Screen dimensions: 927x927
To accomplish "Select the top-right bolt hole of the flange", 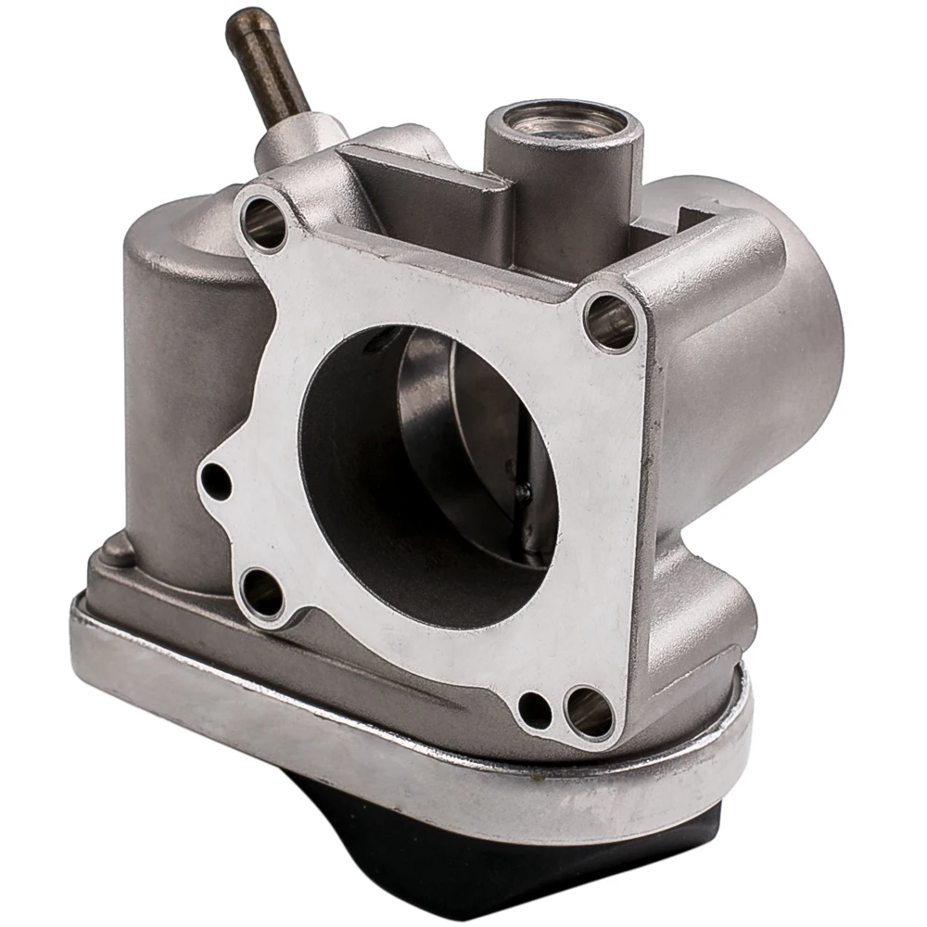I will [x=611, y=321].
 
